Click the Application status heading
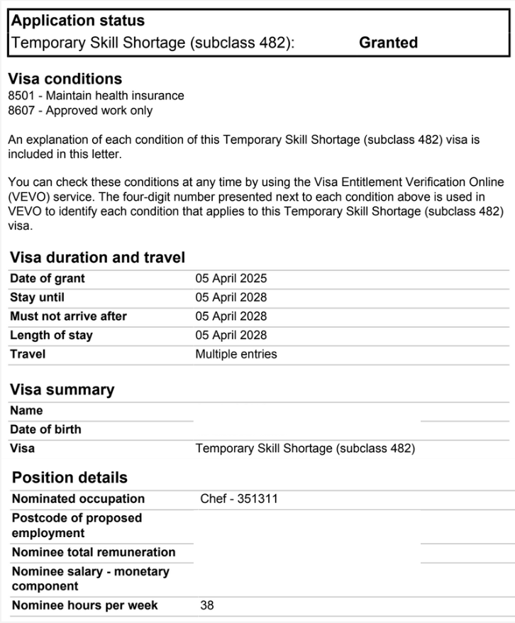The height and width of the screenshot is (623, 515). pyautogui.click(x=78, y=21)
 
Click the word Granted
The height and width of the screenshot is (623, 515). pyautogui.click(x=388, y=43)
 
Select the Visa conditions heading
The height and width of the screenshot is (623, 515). pyautogui.click(x=65, y=79)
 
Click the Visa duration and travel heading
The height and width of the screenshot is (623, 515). pyautogui.click(x=97, y=258)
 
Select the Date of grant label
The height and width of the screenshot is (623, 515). pyautogui.click(x=48, y=279)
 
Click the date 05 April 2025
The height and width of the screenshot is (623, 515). pyautogui.click(x=231, y=279)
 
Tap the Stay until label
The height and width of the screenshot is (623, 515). pyautogui.click(x=37, y=297)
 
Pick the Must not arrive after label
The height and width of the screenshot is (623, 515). pyautogui.click(x=68, y=316)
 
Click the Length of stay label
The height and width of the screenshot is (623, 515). pyautogui.click(x=51, y=335)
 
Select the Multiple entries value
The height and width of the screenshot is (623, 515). pyautogui.click(x=236, y=354)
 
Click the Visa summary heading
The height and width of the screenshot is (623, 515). pyautogui.click(x=62, y=390)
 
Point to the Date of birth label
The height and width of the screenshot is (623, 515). pyautogui.click(x=45, y=429)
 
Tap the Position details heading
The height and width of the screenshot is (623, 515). pyautogui.click(x=70, y=478)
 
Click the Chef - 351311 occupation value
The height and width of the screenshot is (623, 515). pyautogui.click(x=239, y=499)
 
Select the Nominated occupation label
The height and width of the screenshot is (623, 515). pyautogui.click(x=78, y=499)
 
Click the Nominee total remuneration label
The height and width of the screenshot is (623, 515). pyautogui.click(x=94, y=552)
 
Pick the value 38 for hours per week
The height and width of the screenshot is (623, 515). pyautogui.click(x=207, y=605)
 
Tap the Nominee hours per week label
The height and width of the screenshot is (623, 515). pyautogui.click(x=85, y=605)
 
